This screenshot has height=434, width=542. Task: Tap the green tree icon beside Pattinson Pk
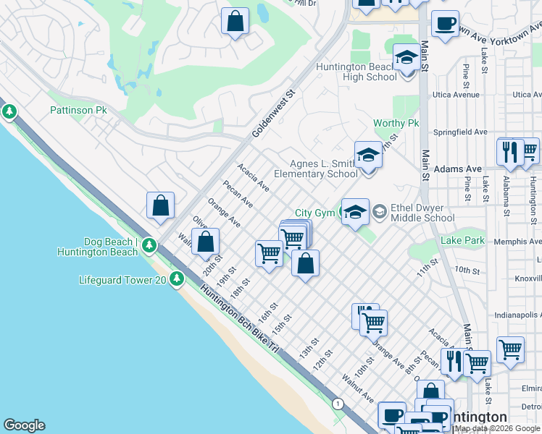[x=9, y=111]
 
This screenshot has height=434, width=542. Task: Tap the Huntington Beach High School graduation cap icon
[x=406, y=58]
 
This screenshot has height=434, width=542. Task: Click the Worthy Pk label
[x=396, y=124]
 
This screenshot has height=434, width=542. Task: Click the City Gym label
[x=313, y=213]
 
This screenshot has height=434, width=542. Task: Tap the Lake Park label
[x=463, y=241]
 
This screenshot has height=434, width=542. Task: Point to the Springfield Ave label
[x=460, y=132]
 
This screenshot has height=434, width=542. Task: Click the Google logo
[x=24, y=425]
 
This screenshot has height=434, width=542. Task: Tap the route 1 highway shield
[x=337, y=403]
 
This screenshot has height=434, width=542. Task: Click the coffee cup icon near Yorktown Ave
[x=444, y=23]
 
